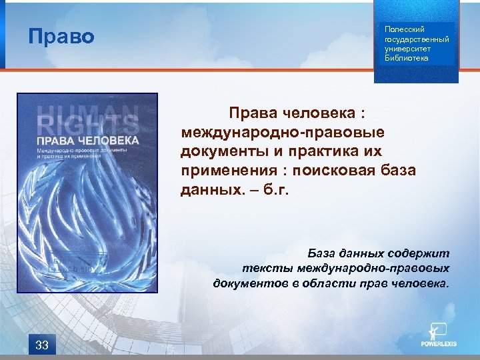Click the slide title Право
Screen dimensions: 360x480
(61, 36)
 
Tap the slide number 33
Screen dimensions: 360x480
(41, 345)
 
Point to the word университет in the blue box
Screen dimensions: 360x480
(407, 49)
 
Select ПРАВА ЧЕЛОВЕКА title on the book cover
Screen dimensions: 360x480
(87, 141)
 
